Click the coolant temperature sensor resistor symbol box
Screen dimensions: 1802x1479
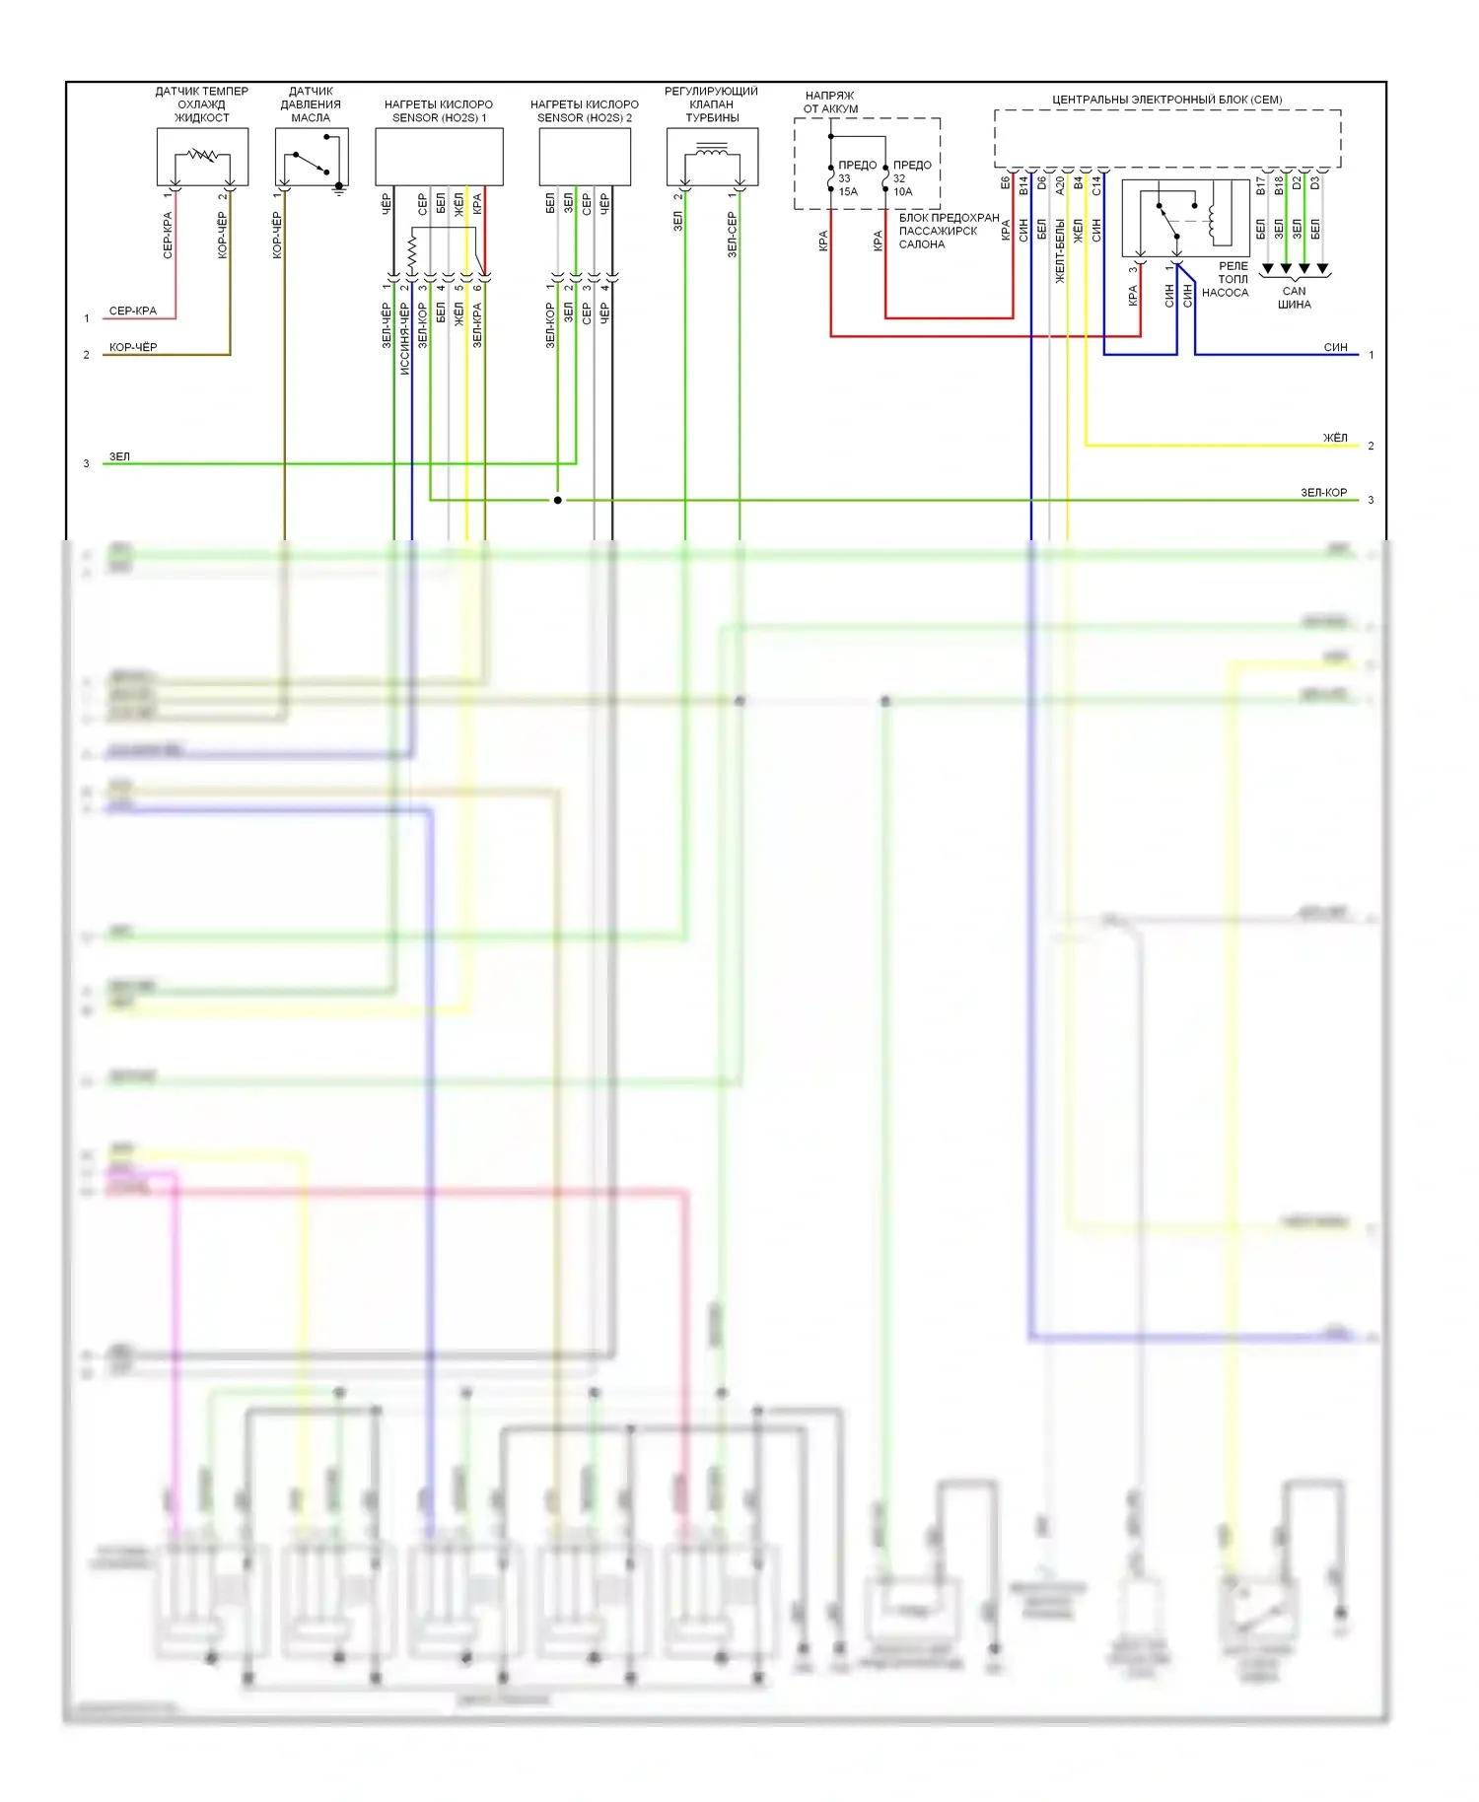point(202,156)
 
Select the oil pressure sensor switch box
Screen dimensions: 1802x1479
point(312,157)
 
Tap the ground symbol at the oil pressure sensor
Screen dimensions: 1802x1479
point(339,189)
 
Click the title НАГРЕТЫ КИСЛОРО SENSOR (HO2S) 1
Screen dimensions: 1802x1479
point(439,110)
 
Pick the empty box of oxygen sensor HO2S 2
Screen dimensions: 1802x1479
point(585,157)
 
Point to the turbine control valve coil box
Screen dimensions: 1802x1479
point(712,157)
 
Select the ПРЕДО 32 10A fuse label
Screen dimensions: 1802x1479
point(910,178)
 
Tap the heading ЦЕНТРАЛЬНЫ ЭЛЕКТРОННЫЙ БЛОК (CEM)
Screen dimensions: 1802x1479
point(1166,100)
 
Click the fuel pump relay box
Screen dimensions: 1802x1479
point(1185,218)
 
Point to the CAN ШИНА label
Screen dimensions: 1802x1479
point(1294,298)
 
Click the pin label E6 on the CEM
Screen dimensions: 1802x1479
point(1006,183)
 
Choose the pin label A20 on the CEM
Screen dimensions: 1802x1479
point(1060,183)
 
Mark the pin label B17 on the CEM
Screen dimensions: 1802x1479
point(1261,184)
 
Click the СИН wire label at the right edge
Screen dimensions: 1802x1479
point(1335,347)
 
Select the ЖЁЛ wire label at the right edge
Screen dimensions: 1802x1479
point(1335,438)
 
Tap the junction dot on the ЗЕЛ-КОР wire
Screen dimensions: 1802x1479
point(557,500)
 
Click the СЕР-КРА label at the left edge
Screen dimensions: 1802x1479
point(133,311)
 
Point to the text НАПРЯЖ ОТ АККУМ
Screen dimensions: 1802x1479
point(830,103)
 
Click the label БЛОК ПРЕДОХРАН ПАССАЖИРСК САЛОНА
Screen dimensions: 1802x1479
point(948,231)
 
